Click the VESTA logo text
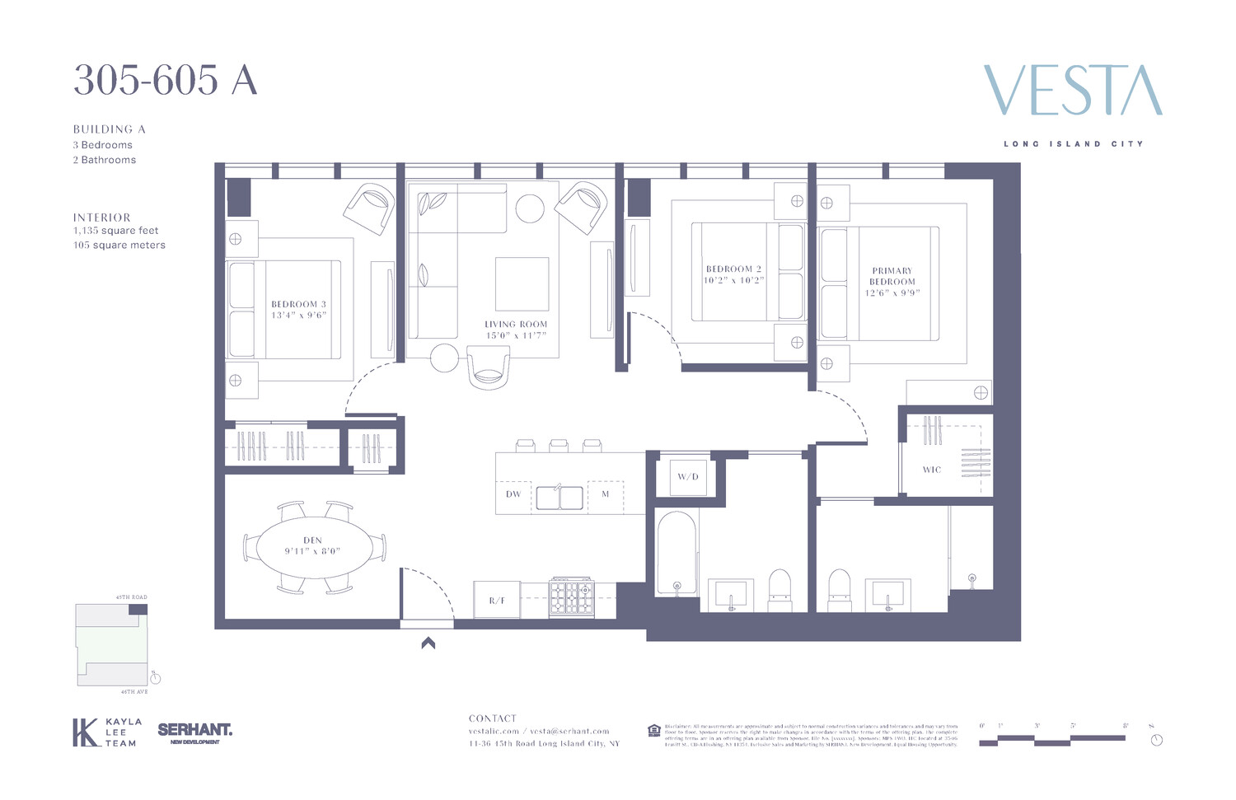1072,91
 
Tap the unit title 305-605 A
165,81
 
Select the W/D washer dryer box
687,477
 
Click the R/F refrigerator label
496,601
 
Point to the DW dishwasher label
513,494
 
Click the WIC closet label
931,470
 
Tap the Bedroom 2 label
733,269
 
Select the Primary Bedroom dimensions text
892,293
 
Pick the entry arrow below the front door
428,643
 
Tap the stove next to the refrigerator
571,596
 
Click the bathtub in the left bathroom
677,552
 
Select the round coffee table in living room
530,208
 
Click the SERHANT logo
194,731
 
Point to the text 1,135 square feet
115,231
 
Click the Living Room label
516,325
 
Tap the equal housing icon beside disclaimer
653,730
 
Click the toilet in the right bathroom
839,589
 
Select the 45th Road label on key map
132,597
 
